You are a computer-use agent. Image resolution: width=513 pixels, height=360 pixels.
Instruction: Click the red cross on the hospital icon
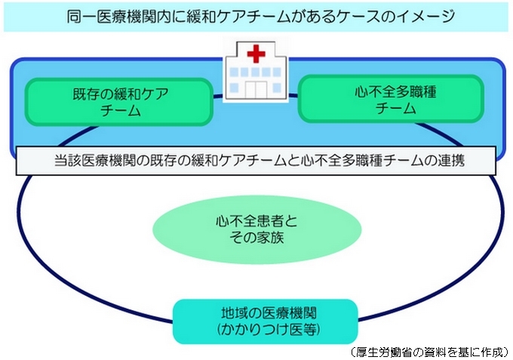[x=256, y=54]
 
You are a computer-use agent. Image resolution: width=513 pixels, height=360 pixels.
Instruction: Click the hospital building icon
[x=256, y=71]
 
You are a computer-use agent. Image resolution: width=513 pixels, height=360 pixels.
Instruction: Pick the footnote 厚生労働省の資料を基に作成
[x=429, y=352]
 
